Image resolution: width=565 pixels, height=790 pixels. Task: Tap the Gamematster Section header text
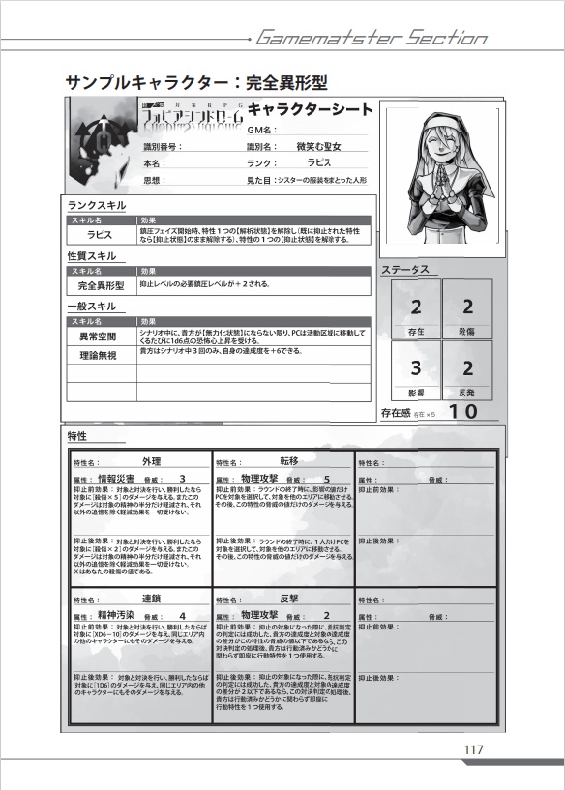click(x=371, y=39)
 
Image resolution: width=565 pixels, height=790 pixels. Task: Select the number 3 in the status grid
click(x=415, y=367)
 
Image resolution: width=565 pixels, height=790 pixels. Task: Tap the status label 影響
click(x=415, y=394)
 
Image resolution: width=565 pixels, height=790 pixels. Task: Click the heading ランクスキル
click(x=96, y=206)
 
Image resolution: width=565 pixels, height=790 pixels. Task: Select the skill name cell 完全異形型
click(x=102, y=286)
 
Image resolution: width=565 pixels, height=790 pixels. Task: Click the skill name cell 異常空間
click(x=98, y=336)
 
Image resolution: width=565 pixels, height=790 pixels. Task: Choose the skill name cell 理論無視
click(x=98, y=355)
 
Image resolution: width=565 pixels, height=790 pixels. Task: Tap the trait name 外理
click(x=151, y=461)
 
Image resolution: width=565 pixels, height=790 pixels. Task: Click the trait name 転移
click(x=289, y=461)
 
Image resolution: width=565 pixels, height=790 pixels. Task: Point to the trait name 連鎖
click(x=151, y=598)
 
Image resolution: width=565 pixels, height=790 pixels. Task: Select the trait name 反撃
click(x=289, y=598)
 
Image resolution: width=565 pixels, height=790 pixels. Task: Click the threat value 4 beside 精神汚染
click(x=183, y=616)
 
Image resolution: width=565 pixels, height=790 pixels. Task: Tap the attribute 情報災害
click(x=121, y=479)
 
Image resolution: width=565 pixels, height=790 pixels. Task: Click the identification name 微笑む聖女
click(x=326, y=146)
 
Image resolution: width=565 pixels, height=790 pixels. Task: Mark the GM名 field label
click(x=262, y=130)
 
